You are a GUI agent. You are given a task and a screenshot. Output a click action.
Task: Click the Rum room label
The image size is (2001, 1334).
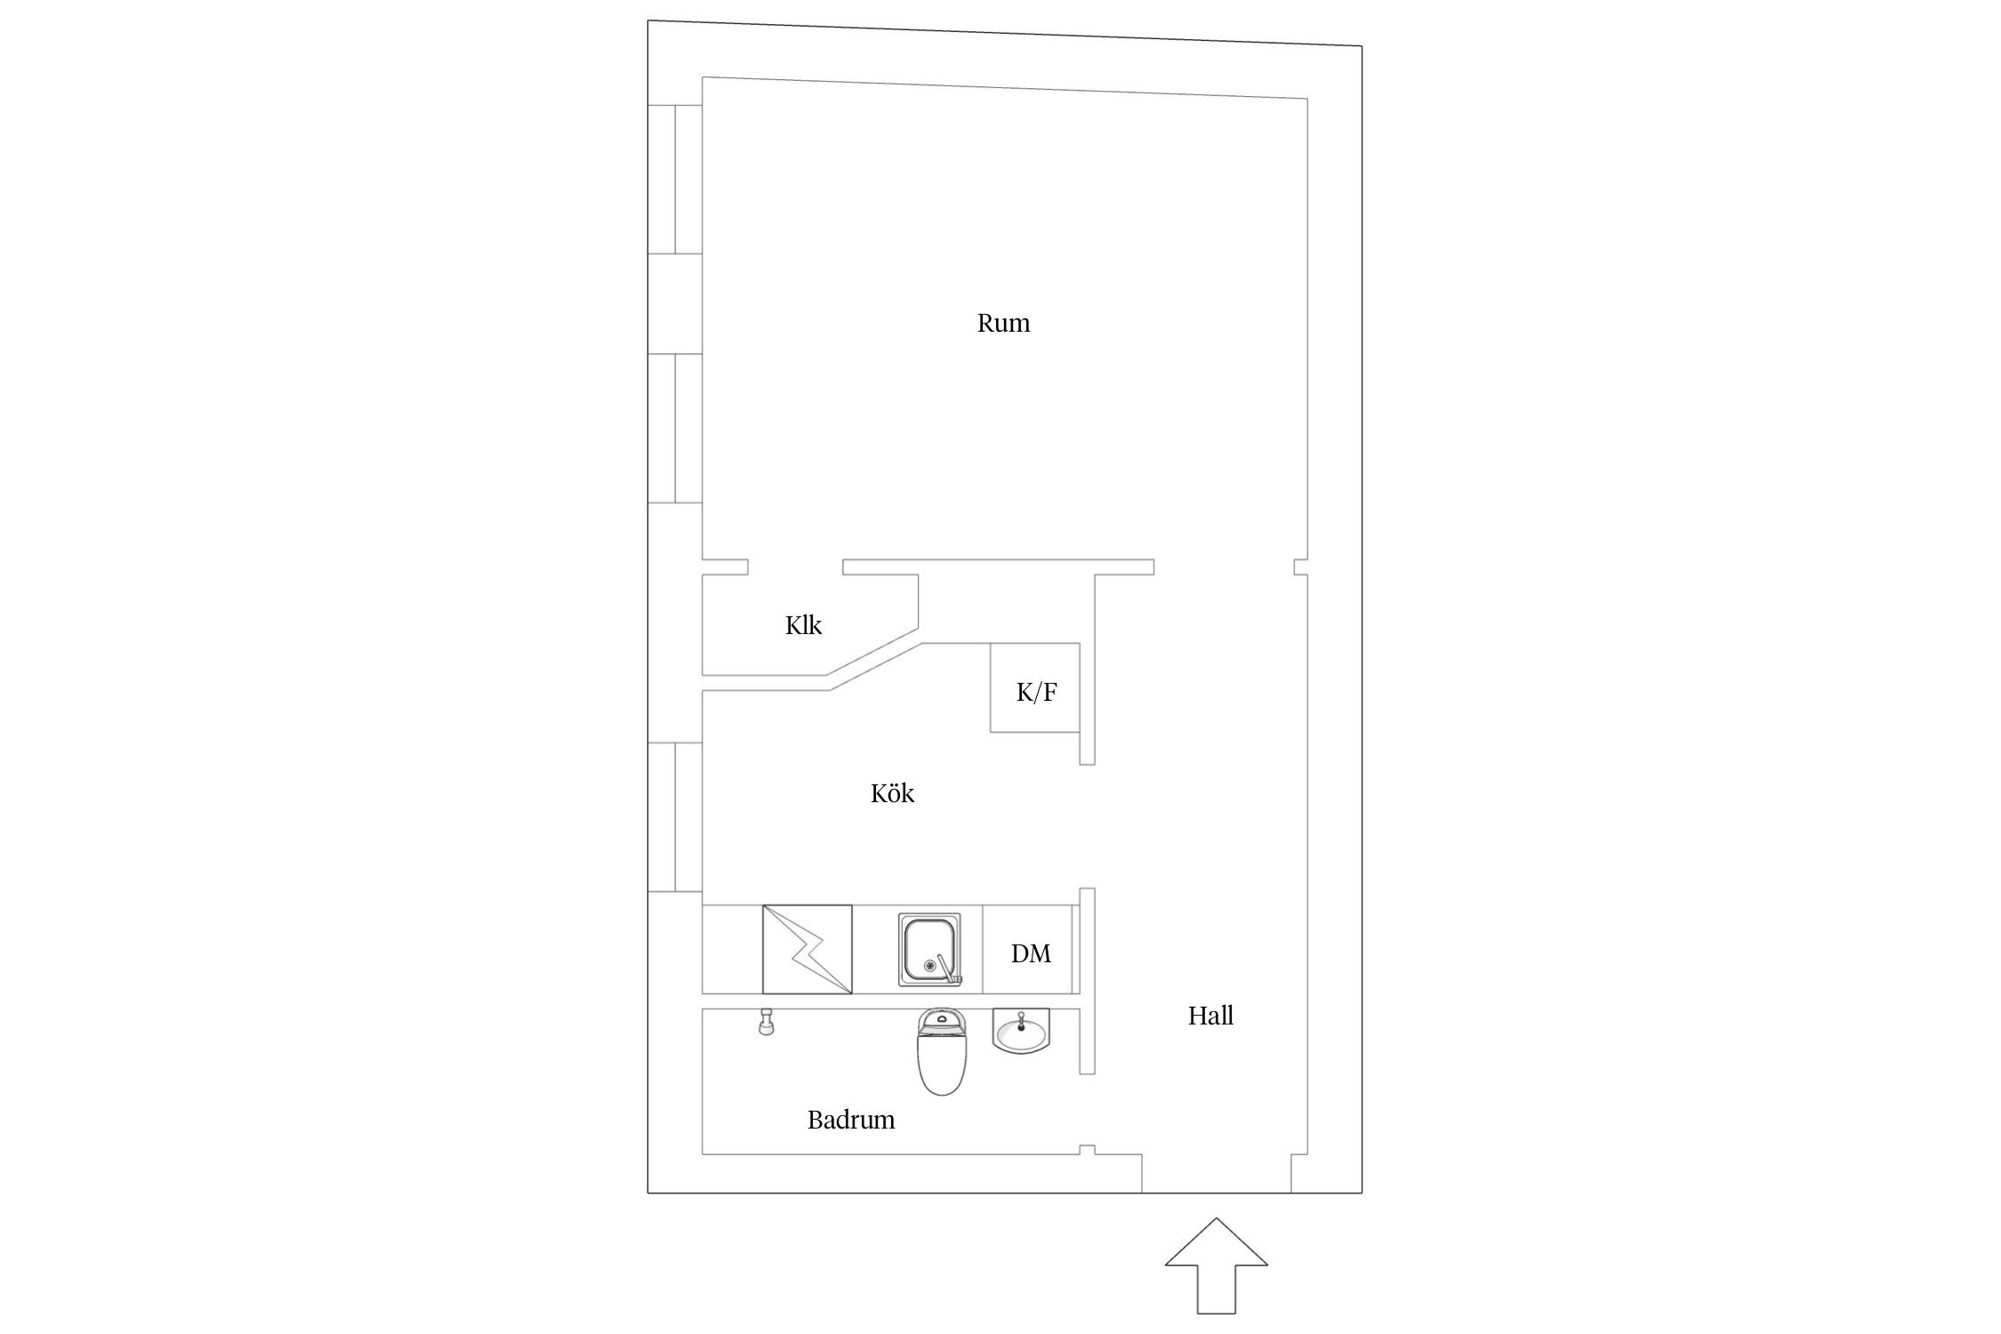coord(1003,323)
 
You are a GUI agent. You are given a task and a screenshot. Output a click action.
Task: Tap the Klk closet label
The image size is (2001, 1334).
coord(803,625)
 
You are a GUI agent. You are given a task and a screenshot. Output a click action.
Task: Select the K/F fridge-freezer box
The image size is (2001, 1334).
coord(1035,687)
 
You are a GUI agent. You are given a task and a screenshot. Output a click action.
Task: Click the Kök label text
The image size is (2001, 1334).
coord(892,792)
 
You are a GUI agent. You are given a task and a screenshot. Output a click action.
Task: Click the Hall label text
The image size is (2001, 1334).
coord(1210,1016)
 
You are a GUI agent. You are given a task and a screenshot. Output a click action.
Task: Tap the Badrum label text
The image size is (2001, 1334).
coord(851,1120)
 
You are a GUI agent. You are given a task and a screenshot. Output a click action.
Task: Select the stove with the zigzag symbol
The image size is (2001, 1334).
coord(808,949)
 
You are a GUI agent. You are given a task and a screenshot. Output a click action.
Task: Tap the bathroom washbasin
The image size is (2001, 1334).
coord(1021,1032)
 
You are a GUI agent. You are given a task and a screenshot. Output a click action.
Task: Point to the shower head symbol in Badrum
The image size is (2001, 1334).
coord(766,1023)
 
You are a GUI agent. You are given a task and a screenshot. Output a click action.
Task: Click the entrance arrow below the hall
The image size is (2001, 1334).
coord(1216,1266)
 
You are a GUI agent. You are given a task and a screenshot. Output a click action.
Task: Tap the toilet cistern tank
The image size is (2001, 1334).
coord(941,1022)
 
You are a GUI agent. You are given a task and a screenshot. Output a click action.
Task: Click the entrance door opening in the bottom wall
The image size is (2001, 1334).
coord(1217,1193)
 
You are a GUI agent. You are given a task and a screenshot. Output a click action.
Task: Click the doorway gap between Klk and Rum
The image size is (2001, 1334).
coord(795,567)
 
